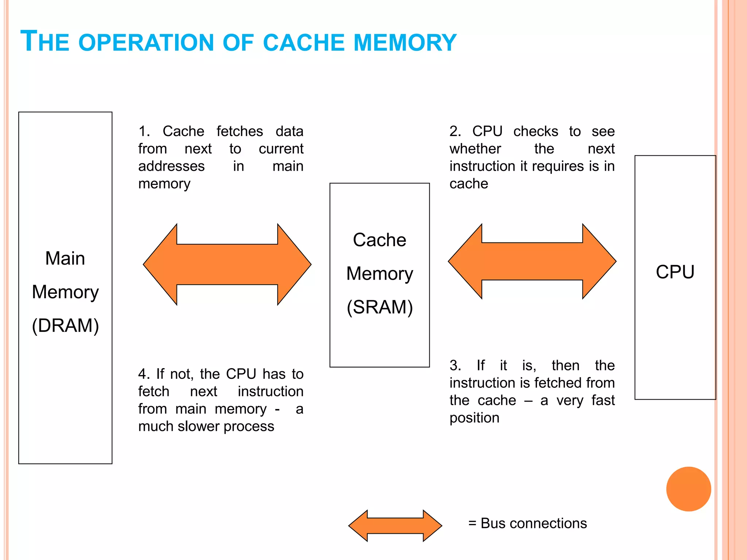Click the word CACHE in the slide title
(303, 42)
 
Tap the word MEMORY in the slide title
(405, 42)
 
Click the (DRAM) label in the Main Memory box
(65, 325)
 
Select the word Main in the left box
(65, 258)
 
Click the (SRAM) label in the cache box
(379, 307)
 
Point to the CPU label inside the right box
(675, 272)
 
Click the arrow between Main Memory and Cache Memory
(227, 264)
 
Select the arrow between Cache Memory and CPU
(532, 261)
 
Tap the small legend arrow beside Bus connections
(395, 525)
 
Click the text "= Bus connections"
(527, 523)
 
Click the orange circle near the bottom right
(688, 489)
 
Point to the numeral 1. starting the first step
(144, 131)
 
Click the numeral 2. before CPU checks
(455, 131)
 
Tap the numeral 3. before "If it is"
(455, 365)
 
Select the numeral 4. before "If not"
(144, 374)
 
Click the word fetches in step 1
(239, 131)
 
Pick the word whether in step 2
(475, 149)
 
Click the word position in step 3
(474, 418)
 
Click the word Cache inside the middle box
(379, 240)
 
